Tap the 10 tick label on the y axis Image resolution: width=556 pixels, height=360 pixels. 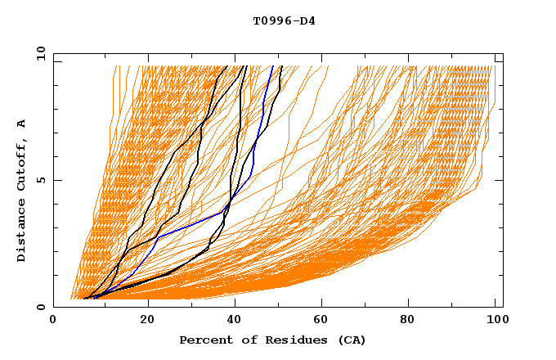(40, 53)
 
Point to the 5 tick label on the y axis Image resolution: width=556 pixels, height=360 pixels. (43, 180)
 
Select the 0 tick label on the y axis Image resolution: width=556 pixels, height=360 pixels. (43, 307)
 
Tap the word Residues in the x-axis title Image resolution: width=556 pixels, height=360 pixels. (289, 340)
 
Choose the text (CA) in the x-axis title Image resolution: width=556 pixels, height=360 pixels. (352, 340)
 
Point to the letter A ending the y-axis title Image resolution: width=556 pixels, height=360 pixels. (22, 123)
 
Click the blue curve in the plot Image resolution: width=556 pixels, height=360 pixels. (253, 164)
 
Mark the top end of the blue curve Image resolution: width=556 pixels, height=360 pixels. (273, 67)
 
